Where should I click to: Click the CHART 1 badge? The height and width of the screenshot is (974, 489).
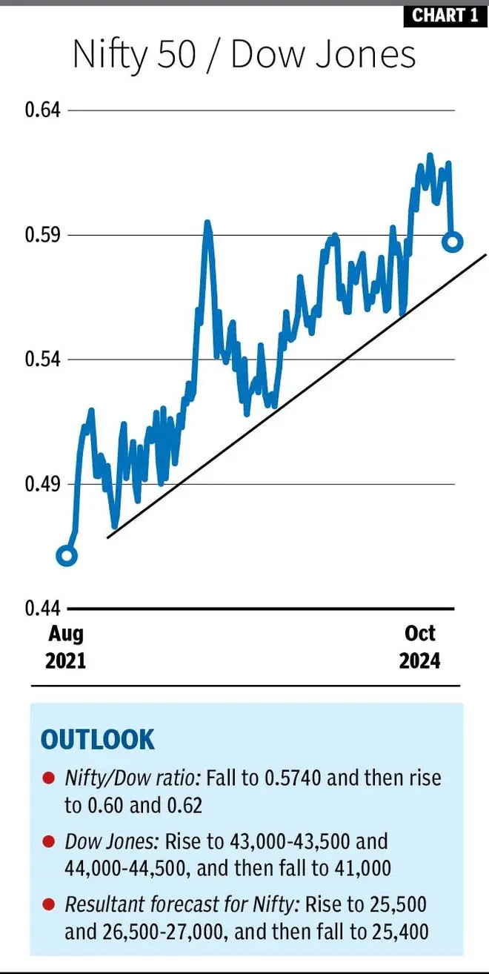(x=445, y=15)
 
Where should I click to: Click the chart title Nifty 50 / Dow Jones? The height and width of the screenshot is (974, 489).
(x=244, y=56)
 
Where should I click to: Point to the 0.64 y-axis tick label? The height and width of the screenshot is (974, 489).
(x=41, y=110)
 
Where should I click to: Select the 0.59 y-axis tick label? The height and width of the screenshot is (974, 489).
(x=41, y=236)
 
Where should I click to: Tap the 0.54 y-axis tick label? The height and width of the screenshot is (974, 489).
(x=41, y=360)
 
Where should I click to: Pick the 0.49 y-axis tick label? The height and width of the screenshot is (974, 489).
(x=41, y=485)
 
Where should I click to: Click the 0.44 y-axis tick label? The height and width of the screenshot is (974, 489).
(x=41, y=609)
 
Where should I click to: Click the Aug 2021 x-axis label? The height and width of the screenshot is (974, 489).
(x=66, y=646)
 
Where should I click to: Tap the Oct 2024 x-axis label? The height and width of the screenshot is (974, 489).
(x=420, y=646)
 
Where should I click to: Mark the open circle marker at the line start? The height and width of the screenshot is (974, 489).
(x=67, y=556)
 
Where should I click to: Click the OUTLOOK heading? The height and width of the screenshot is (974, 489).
(x=97, y=740)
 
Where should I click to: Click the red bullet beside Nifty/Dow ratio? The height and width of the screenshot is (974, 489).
(x=48, y=778)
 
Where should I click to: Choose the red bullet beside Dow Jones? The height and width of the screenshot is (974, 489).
(x=48, y=842)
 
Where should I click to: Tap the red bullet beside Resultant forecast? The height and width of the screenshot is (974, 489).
(x=48, y=906)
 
